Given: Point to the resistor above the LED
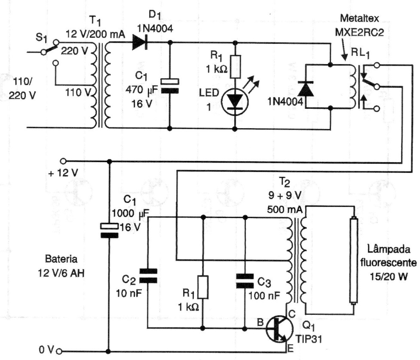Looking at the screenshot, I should click(x=235, y=65).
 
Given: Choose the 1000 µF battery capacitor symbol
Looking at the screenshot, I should click(x=109, y=230).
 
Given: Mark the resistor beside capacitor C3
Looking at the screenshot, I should click(x=202, y=287).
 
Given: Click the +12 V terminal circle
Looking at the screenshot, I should click(x=64, y=161).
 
